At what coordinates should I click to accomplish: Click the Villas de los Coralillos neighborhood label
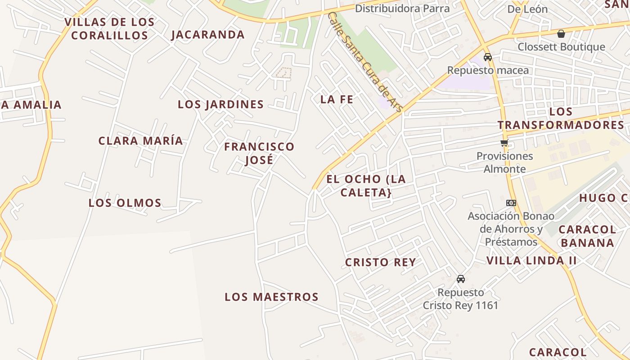click(109, 28)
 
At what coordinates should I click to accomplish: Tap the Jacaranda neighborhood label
click(208, 35)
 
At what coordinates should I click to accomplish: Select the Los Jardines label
click(220, 104)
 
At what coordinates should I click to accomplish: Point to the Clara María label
click(141, 140)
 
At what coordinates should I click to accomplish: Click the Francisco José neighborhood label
click(259, 153)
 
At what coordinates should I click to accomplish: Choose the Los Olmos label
click(125, 203)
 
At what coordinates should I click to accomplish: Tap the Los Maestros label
click(271, 297)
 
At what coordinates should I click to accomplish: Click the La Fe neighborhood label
click(337, 99)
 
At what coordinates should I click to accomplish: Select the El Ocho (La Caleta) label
click(366, 185)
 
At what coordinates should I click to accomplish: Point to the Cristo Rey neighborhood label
click(380, 262)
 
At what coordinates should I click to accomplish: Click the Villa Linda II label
click(531, 261)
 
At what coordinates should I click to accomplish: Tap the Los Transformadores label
click(561, 118)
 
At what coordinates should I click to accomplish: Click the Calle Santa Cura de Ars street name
click(365, 62)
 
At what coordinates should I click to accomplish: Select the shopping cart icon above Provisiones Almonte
click(504, 143)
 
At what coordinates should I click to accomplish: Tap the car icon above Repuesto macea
click(488, 57)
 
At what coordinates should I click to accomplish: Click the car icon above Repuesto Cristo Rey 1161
click(461, 279)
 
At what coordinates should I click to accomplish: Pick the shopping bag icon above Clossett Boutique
click(561, 34)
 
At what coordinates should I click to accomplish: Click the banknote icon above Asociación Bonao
click(511, 203)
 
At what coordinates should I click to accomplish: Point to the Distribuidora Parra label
click(402, 9)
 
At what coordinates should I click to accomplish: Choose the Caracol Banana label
click(587, 236)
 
